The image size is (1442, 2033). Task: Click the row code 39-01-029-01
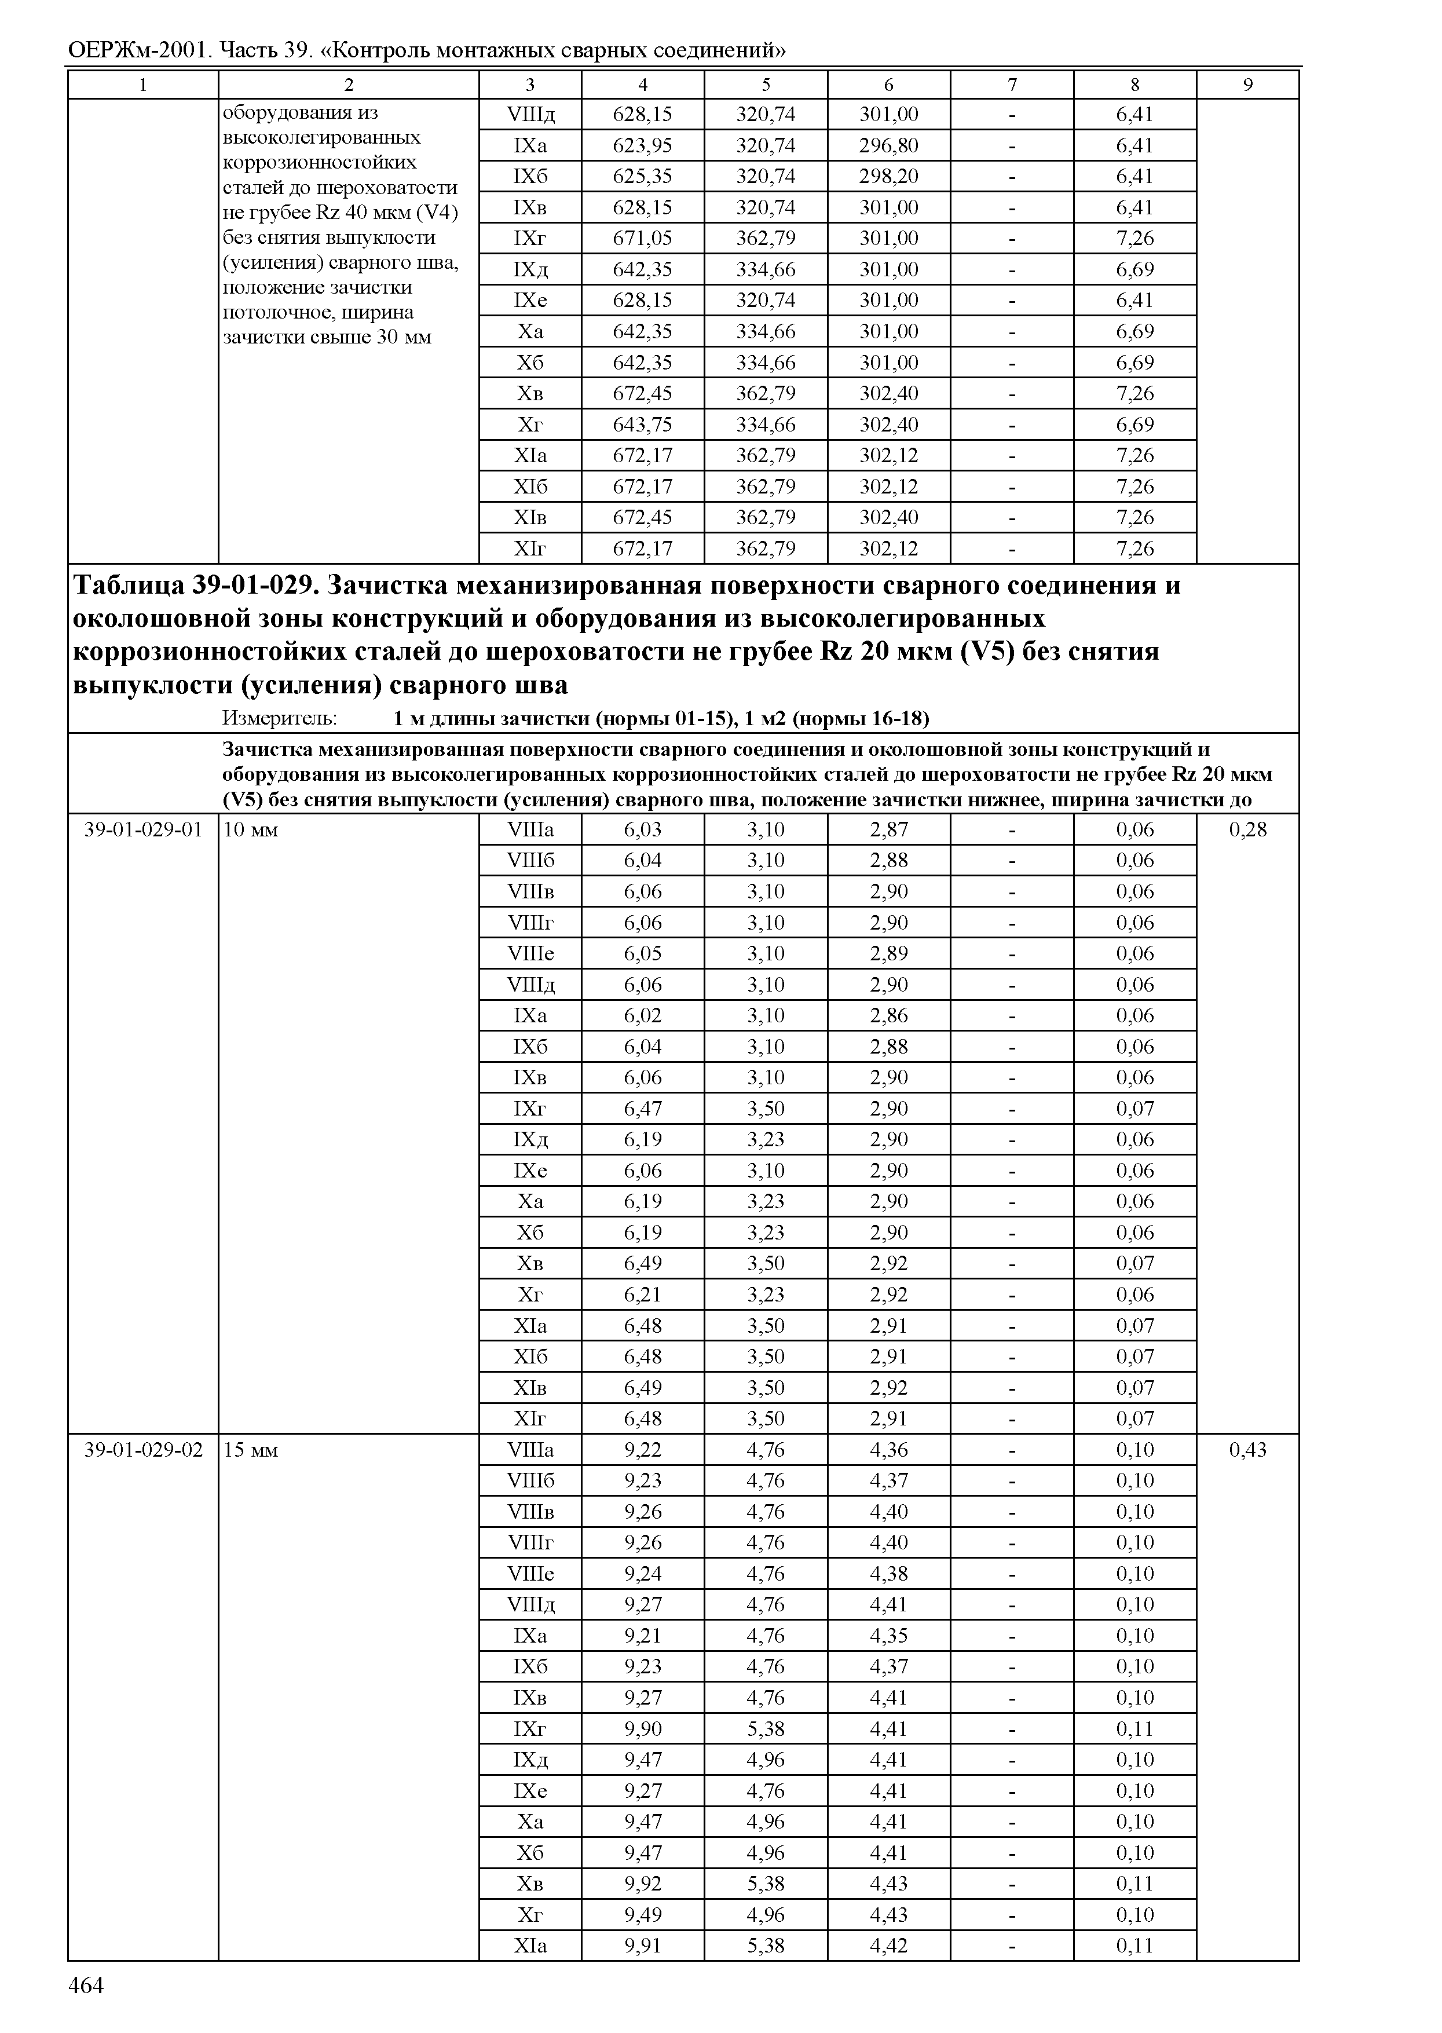click(x=143, y=829)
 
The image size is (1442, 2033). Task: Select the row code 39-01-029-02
click(x=143, y=1450)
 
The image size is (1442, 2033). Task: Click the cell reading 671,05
click(x=642, y=238)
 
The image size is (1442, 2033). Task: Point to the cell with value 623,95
click(x=642, y=145)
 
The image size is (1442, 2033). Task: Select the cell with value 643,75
click(x=642, y=425)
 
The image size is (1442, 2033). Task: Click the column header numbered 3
click(x=530, y=85)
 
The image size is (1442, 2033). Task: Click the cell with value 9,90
click(x=642, y=1728)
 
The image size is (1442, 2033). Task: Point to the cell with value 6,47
click(x=642, y=1109)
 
